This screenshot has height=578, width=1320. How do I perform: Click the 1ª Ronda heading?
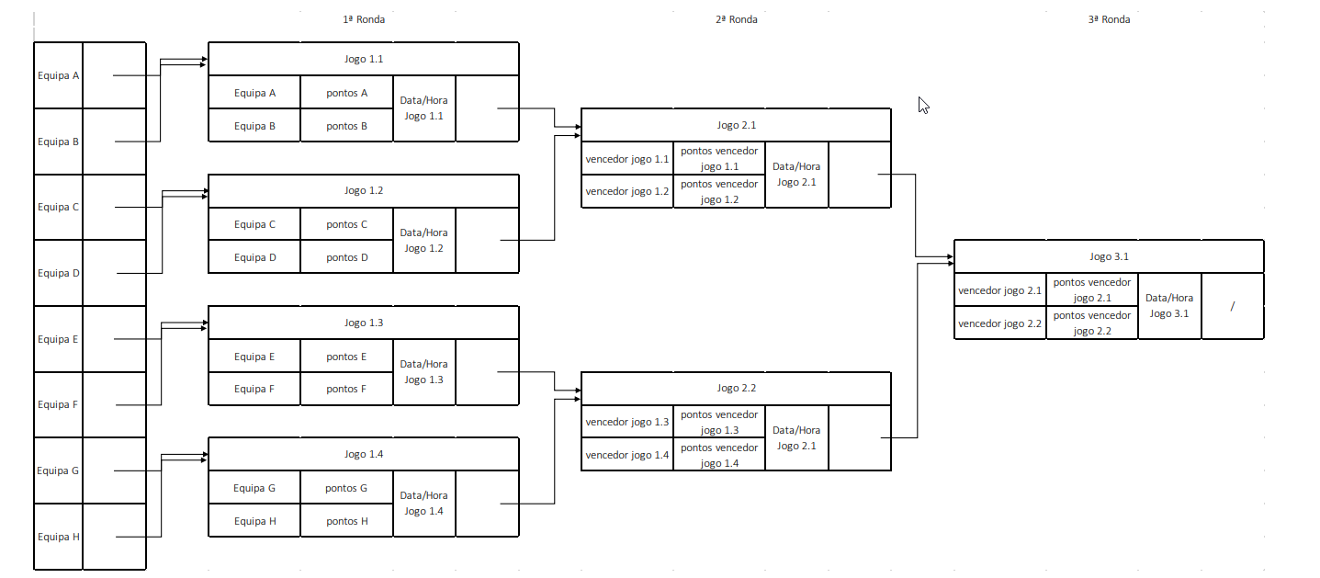[364, 19]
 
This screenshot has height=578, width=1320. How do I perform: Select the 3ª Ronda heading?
[1108, 19]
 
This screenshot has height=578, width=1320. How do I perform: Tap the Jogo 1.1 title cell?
[364, 59]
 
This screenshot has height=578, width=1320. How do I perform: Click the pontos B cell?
[346, 126]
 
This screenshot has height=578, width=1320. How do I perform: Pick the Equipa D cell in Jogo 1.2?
[254, 257]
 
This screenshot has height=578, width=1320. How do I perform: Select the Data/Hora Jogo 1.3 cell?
[423, 372]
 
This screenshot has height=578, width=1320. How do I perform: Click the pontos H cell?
[346, 521]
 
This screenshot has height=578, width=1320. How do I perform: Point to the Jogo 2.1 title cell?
[736, 125]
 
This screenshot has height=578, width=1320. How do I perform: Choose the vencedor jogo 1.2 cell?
[627, 191]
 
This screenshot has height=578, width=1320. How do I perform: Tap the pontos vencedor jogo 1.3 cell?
[719, 423]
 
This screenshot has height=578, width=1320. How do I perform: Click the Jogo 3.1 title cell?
[1109, 256]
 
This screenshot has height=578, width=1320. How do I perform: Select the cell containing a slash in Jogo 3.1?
[1232, 306]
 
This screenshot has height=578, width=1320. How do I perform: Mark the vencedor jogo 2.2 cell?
[999, 323]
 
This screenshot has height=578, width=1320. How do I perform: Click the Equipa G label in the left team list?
[58, 470]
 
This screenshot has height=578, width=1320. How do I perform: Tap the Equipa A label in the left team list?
[58, 75]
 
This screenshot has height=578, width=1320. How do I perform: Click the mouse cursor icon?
[923, 105]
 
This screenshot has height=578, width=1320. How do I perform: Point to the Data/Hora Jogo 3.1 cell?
[1168, 306]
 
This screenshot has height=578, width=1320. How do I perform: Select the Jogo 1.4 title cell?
[364, 454]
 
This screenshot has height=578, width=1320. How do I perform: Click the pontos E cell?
[346, 357]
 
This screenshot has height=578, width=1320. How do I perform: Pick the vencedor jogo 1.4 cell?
[627, 455]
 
